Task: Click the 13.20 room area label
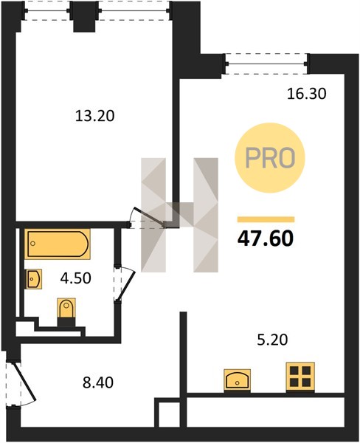95,116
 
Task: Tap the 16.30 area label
307,94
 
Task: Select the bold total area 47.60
266,238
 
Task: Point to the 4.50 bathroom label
76,278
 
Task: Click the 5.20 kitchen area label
272,340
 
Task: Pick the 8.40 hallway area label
98,382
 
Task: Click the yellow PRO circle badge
270,158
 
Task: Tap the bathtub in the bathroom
58,244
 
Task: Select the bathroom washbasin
34,279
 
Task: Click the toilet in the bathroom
66,311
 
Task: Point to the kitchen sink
237,380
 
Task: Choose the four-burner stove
300,377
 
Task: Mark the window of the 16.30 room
266,64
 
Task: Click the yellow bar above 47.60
266,219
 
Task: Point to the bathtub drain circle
33,244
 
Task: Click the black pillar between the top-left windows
84,16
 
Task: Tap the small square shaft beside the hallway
167,412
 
